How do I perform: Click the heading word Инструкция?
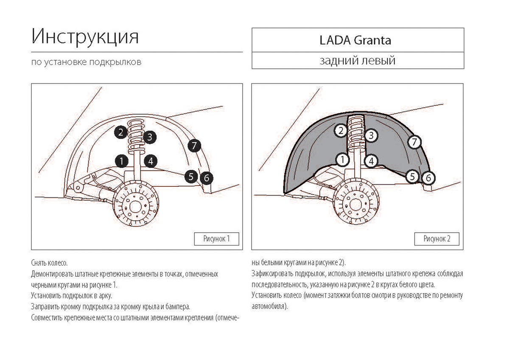click(x=85, y=37)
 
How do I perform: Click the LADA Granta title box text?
click(x=355, y=40)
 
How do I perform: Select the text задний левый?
click(x=357, y=61)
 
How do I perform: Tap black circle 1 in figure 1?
click(x=121, y=161)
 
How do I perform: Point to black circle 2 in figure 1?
click(x=121, y=132)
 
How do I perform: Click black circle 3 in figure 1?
click(x=150, y=137)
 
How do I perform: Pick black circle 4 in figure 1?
click(x=151, y=161)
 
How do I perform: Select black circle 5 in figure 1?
click(x=192, y=176)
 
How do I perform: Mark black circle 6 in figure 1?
click(x=206, y=177)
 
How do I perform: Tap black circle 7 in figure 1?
click(x=194, y=146)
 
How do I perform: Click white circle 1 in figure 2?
click(x=342, y=160)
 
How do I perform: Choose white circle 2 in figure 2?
click(x=341, y=131)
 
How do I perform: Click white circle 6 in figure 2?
click(x=428, y=177)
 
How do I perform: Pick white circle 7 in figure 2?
click(x=415, y=141)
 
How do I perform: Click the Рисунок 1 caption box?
click(x=216, y=239)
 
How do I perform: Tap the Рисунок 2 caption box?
click(x=437, y=239)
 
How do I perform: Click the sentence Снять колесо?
click(x=49, y=263)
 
